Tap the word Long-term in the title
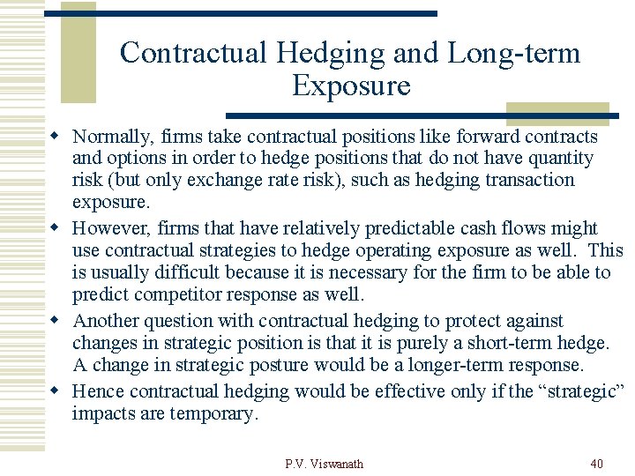coord(514,54)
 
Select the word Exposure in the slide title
coord(351,86)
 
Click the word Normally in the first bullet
coord(110,137)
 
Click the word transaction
coord(532,180)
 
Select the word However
coord(112,228)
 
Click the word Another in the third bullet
coord(107,321)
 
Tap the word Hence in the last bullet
coord(97,390)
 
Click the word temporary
coord(214,413)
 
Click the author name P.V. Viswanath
coord(325,464)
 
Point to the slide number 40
coord(595,464)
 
